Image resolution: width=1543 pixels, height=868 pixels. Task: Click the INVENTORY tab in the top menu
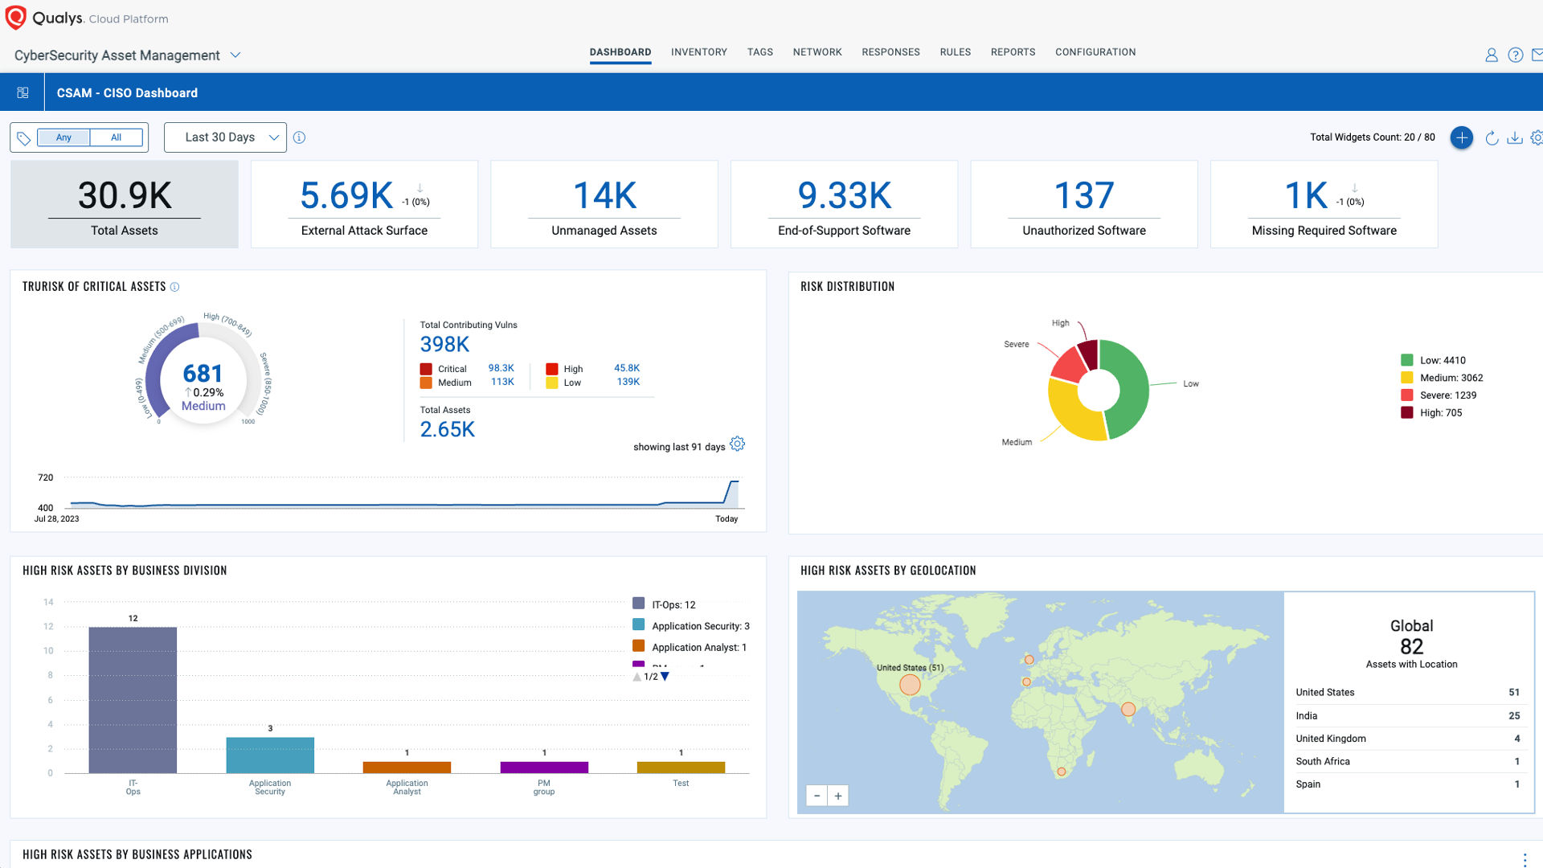click(x=698, y=52)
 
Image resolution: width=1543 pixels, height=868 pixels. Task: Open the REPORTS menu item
click(x=1013, y=52)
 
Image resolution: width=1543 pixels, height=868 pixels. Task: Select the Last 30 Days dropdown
click(x=225, y=137)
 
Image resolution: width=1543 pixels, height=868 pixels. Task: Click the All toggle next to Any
click(x=116, y=137)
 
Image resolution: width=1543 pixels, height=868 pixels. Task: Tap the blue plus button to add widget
click(x=1461, y=137)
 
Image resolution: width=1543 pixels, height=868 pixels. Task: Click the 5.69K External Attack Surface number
click(x=346, y=195)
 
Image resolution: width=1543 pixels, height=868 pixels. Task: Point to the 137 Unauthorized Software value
click(x=1083, y=195)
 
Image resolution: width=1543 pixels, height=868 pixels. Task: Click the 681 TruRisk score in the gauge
click(x=203, y=374)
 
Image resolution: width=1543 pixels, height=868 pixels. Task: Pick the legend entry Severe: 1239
click(x=1447, y=395)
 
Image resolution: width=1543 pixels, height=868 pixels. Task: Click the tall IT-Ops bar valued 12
click(x=133, y=699)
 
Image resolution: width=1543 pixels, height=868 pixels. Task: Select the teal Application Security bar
click(x=270, y=755)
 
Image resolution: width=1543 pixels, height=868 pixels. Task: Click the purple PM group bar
click(x=544, y=767)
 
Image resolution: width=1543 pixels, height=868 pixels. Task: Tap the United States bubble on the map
click(x=910, y=685)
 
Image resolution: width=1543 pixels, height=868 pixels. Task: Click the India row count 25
click(x=1513, y=715)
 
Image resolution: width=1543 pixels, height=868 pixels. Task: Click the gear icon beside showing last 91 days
click(x=737, y=444)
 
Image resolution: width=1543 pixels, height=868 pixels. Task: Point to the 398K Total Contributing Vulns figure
click(x=444, y=345)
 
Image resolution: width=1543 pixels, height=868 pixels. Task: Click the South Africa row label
click(x=1323, y=761)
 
